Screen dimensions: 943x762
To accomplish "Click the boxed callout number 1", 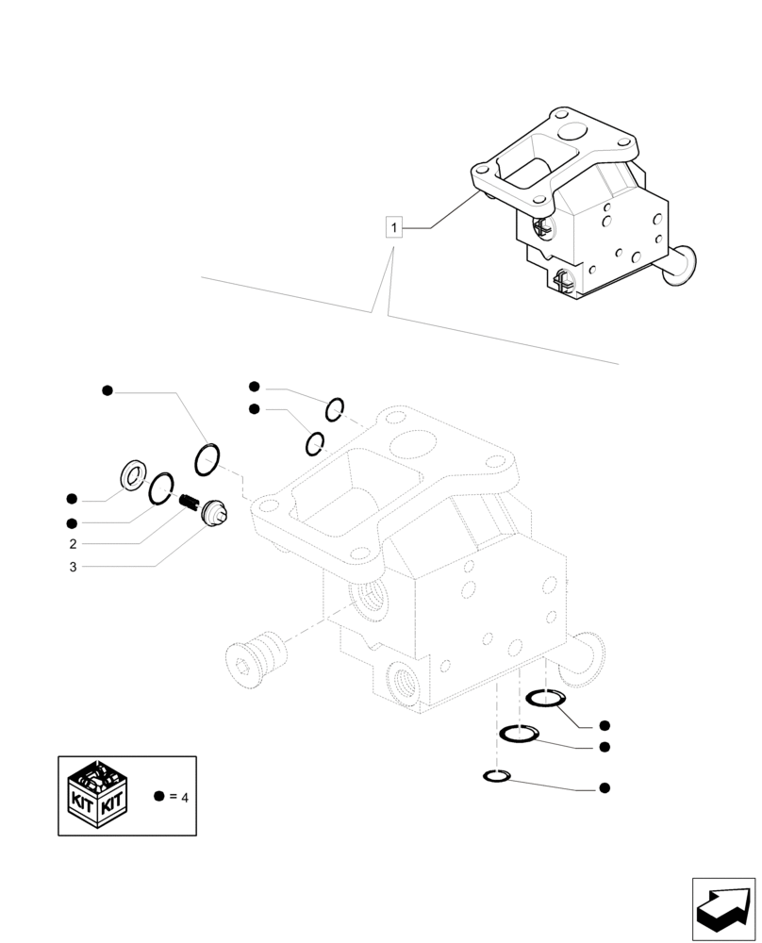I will [394, 227].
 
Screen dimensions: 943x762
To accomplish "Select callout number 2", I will [73, 544].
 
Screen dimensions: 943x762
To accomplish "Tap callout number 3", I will [73, 567].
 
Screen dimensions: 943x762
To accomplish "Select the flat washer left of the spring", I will [132, 477].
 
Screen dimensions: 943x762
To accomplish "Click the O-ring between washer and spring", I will [161, 487].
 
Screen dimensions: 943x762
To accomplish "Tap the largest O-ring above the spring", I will [207, 459].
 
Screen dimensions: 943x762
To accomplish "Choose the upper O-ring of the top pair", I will [335, 409].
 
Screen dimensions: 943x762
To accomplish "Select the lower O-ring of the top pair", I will [315, 442].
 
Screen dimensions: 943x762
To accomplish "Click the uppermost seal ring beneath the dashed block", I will [545, 700].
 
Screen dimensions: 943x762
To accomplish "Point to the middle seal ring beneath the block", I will [519, 734].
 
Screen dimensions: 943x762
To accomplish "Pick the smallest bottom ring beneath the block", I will [496, 776].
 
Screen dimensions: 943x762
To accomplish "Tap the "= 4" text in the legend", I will [178, 798].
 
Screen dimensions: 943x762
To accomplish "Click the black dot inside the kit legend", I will [158, 797].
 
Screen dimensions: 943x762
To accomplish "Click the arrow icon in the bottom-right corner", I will [723, 909].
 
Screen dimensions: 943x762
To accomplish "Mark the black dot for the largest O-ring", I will [108, 390].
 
